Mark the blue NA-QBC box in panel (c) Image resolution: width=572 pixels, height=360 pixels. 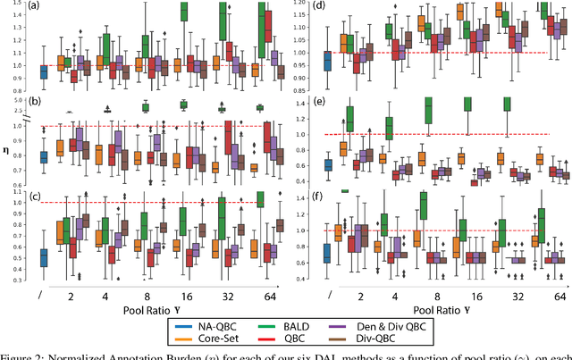(x=44, y=257)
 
